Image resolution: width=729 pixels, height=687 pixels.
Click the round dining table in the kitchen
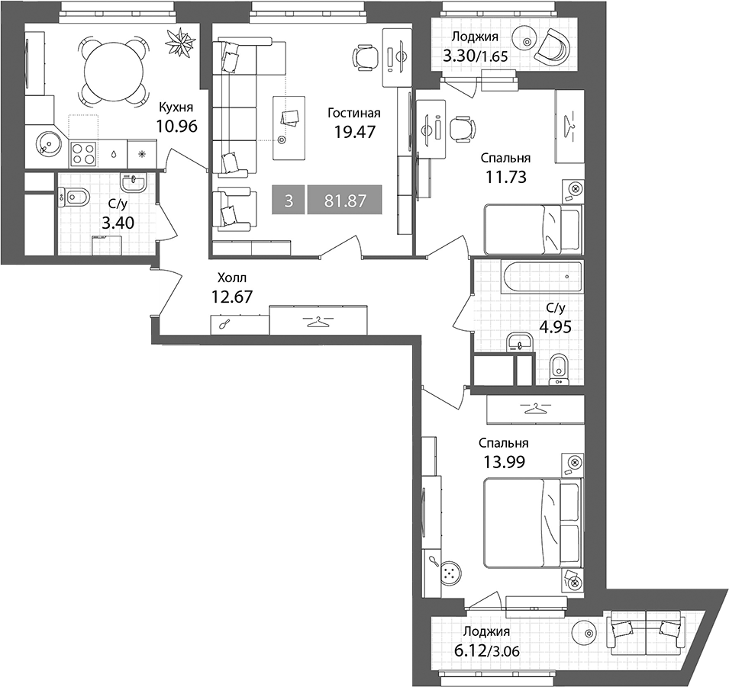pyautogui.click(x=114, y=70)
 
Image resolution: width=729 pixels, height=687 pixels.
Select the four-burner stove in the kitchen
pyautogui.click(x=83, y=154)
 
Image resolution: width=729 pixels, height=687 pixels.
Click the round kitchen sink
pyautogui.click(x=48, y=143)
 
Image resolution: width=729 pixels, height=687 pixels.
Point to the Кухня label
pyautogui.click(x=176, y=108)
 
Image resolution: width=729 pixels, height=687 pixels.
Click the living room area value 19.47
pyautogui.click(x=354, y=132)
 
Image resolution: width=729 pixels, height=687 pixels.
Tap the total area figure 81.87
pyautogui.click(x=345, y=201)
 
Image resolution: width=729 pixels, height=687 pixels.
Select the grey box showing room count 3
pyautogui.click(x=289, y=201)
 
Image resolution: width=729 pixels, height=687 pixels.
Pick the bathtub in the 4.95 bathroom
pyautogui.click(x=543, y=278)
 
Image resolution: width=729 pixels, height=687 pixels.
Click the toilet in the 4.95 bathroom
pyautogui.click(x=558, y=370)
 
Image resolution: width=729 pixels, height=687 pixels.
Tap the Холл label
pyautogui.click(x=232, y=278)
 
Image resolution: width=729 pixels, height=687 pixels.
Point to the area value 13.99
pyautogui.click(x=505, y=462)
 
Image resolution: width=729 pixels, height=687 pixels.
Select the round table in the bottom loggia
pyautogui.click(x=586, y=634)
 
